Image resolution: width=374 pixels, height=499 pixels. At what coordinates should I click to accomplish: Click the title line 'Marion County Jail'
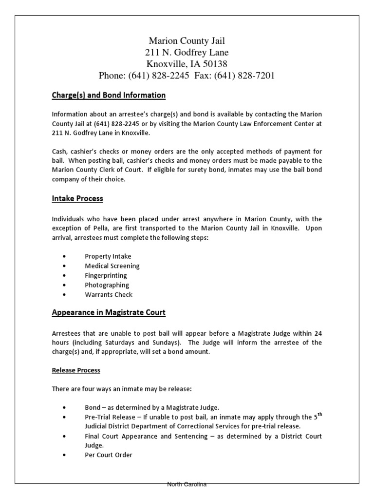[x=187, y=40]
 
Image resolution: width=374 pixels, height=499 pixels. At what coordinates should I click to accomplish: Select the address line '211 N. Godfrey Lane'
[x=187, y=52]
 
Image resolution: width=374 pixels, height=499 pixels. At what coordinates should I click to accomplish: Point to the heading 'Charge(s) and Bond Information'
[x=109, y=95]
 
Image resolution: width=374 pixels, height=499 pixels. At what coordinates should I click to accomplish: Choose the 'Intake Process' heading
[x=77, y=198]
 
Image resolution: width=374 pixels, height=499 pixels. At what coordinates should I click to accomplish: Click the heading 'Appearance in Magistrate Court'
[x=109, y=312]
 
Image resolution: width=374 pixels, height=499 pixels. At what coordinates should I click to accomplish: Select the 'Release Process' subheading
[x=76, y=370]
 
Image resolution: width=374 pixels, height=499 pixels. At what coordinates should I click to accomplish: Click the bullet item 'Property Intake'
[x=108, y=256]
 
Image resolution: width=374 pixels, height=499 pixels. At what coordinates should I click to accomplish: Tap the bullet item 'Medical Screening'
[x=112, y=266]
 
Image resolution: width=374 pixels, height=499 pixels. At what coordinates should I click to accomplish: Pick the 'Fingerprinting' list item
[x=106, y=275]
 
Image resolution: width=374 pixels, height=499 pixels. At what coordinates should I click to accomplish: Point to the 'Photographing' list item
[x=107, y=285]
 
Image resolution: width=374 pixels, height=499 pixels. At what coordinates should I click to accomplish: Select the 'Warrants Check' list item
[x=109, y=294]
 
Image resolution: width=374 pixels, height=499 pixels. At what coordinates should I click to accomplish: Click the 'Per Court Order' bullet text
[x=109, y=455]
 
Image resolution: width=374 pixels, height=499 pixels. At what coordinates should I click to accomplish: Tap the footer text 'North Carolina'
[x=187, y=484]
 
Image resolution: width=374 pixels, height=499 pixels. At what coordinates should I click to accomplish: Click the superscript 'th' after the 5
[x=319, y=414]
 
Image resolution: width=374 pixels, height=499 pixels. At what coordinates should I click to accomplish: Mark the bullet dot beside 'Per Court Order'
[x=65, y=455]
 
